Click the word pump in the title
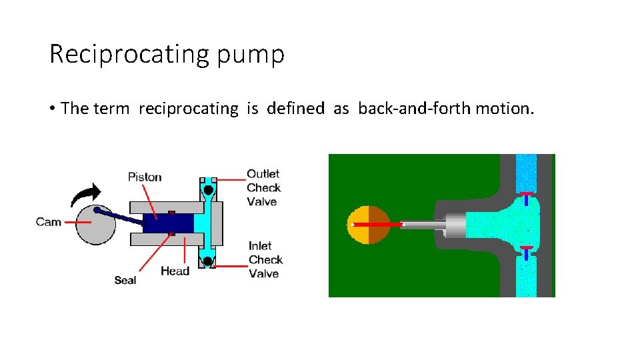[251, 56]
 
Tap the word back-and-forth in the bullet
[414, 108]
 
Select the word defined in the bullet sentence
[295, 108]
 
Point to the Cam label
[49, 222]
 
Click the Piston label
[145, 177]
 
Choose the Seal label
[125, 280]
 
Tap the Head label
[175, 271]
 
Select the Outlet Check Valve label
[263, 187]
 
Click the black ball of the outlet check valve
[208, 190]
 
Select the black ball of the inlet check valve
[208, 261]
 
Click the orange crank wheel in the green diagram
[369, 225]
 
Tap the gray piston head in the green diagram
[453, 225]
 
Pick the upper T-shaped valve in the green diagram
[527, 198]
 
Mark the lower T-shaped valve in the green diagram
[527, 252]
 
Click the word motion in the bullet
[504, 108]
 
